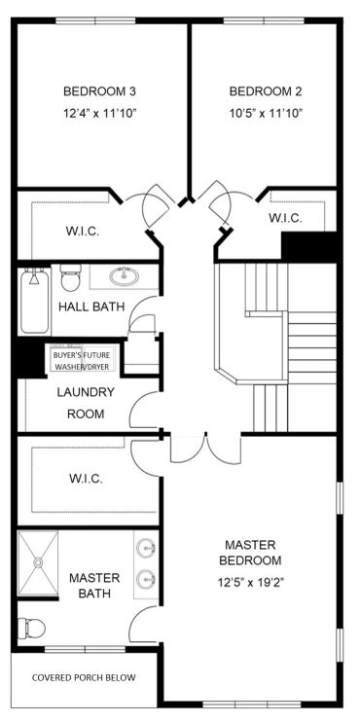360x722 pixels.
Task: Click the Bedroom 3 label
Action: tap(99, 91)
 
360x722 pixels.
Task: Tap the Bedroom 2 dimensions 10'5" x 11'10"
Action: tap(266, 113)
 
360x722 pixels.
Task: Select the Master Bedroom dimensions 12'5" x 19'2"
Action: tap(250, 583)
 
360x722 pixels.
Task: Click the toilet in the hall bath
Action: tap(70, 277)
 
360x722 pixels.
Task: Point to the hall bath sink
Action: tap(125, 276)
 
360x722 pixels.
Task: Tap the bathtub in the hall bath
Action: tap(34, 301)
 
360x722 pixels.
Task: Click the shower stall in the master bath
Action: tap(38, 562)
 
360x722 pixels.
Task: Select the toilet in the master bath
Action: tap(31, 628)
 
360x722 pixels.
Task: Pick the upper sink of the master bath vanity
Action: tap(147, 549)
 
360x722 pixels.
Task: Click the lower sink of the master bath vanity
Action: tap(147, 577)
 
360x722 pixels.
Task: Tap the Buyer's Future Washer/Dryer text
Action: tap(85, 361)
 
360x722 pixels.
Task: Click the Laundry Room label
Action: tap(86, 403)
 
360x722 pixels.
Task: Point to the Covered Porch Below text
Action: tap(84, 677)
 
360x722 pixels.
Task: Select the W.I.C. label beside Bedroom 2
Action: tap(285, 218)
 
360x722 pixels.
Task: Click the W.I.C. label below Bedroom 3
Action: tap(84, 232)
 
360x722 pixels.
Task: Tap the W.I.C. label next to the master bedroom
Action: tap(86, 479)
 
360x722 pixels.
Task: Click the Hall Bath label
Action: tap(91, 307)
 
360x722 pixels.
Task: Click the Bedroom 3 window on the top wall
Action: tap(95, 20)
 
